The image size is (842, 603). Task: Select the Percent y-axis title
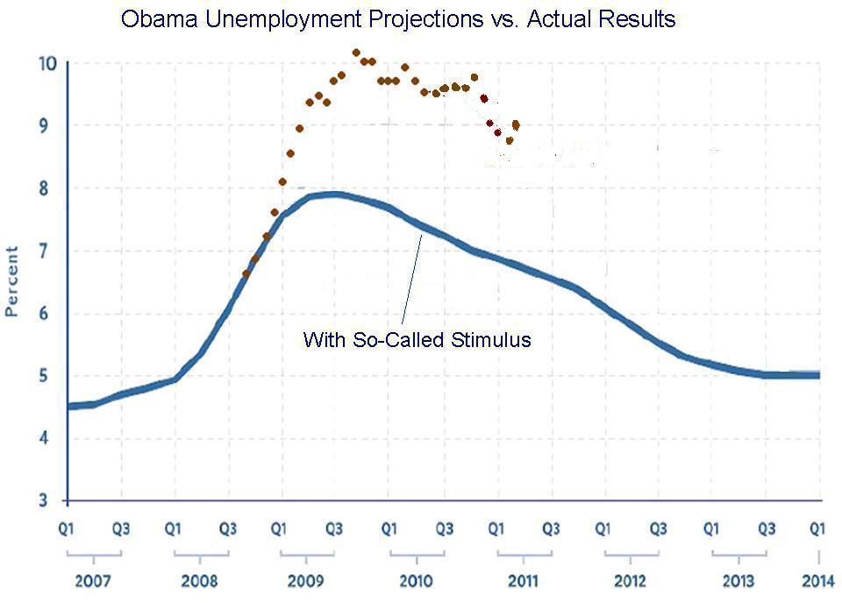click(12, 281)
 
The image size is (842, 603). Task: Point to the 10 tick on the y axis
click(47, 63)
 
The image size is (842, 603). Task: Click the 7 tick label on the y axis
click(52, 252)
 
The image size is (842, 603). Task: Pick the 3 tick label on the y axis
click(52, 501)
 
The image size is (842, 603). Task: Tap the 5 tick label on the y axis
click(52, 377)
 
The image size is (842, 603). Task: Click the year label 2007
click(93, 581)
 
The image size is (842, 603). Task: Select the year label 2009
click(307, 581)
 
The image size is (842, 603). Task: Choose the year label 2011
click(523, 581)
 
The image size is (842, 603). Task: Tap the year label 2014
click(818, 581)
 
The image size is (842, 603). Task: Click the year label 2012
click(630, 581)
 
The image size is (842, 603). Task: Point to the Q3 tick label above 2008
click(228, 529)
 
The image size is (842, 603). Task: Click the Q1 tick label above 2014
click(817, 529)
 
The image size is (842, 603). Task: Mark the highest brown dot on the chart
click(356, 53)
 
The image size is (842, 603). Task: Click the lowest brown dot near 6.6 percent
click(246, 274)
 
